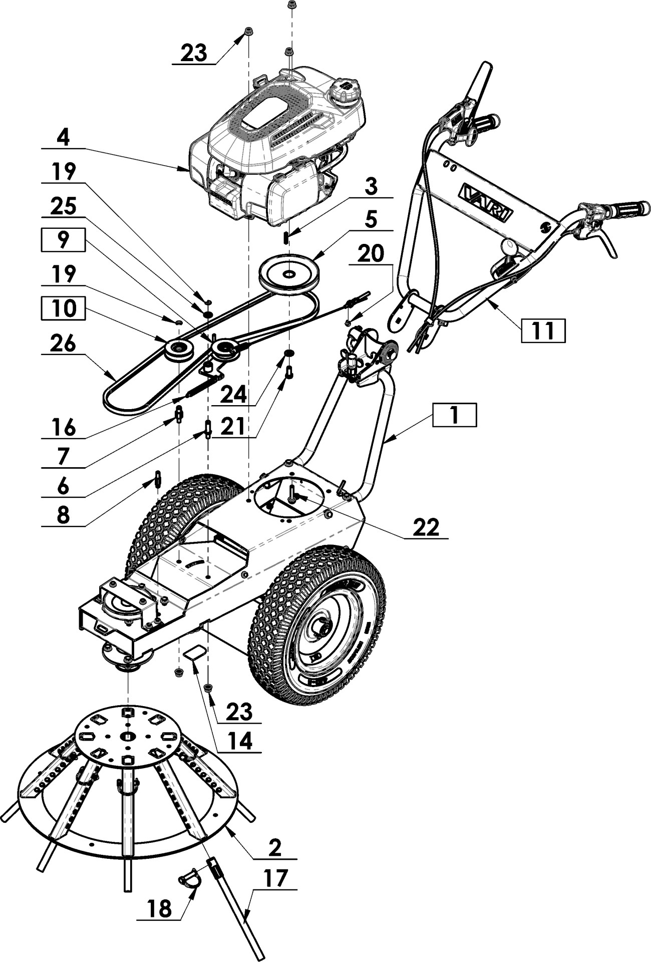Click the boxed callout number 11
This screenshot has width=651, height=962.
pos(543,330)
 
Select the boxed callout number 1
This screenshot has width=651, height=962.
pos(454,415)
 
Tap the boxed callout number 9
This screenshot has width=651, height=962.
pos(62,240)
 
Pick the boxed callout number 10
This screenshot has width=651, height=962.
pos(63,308)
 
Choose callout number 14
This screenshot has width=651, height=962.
pos(239,741)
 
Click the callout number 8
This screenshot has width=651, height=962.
pos(63,515)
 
